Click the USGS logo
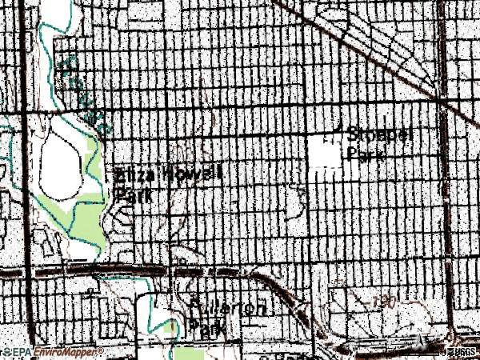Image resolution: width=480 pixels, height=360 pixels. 462,352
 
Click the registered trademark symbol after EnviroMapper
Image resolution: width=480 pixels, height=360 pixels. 101,350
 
